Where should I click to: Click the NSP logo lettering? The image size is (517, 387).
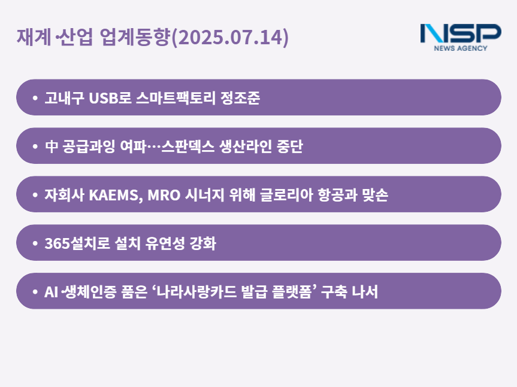[461, 33]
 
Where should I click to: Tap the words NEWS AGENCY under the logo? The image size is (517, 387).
[461, 48]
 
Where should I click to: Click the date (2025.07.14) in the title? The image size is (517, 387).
[230, 37]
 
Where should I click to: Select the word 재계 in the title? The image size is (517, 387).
[34, 36]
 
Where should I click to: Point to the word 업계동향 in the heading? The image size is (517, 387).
[135, 36]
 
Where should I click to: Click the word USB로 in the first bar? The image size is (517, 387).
[110, 97]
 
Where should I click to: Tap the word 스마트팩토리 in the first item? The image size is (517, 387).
[176, 97]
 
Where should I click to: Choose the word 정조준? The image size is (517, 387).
[240, 97]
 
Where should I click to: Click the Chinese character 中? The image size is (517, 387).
[52, 147]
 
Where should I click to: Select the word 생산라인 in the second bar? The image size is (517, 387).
[245, 146]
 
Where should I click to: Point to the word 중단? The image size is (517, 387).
[289, 146]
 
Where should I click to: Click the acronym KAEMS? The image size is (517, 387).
[116, 195]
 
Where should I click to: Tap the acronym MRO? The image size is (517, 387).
[164, 195]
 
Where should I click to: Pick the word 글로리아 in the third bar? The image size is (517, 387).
[286, 194]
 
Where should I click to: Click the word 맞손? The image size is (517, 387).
[375, 194]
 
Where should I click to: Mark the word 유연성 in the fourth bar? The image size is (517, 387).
[165, 243]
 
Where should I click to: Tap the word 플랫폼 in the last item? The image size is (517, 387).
[292, 291]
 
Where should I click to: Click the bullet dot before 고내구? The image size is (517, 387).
[35, 97]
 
